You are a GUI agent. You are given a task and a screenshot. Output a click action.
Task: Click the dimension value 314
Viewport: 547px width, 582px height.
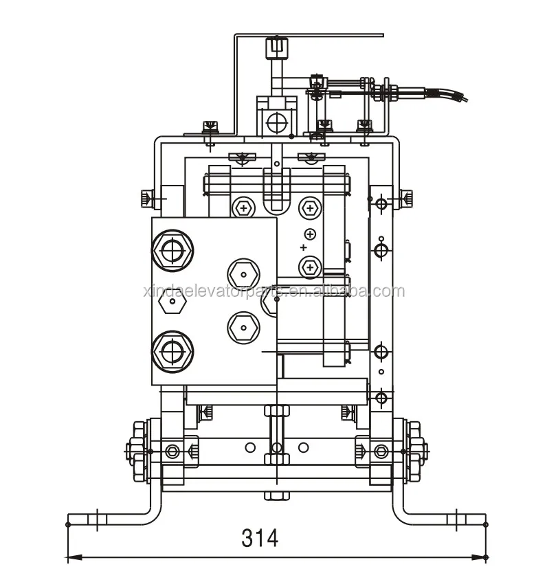click(x=260, y=537)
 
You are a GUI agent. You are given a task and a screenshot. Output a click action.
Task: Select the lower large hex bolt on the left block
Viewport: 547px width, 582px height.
click(x=172, y=352)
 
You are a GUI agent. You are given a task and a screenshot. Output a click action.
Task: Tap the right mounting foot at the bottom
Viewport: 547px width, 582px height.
click(x=440, y=517)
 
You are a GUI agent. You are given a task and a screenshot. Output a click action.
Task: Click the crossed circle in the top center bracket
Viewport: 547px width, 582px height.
click(x=276, y=123)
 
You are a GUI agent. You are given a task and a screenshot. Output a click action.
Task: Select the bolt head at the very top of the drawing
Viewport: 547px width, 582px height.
click(x=275, y=48)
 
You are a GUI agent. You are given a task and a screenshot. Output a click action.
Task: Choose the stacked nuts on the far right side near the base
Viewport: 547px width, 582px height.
click(x=414, y=451)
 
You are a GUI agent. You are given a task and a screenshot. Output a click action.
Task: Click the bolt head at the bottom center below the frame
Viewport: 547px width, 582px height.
click(x=276, y=496)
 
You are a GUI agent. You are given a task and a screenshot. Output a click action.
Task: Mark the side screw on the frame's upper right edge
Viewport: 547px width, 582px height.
click(x=408, y=198)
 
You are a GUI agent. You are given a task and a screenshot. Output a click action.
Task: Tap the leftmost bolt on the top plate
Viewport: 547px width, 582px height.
click(x=210, y=126)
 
